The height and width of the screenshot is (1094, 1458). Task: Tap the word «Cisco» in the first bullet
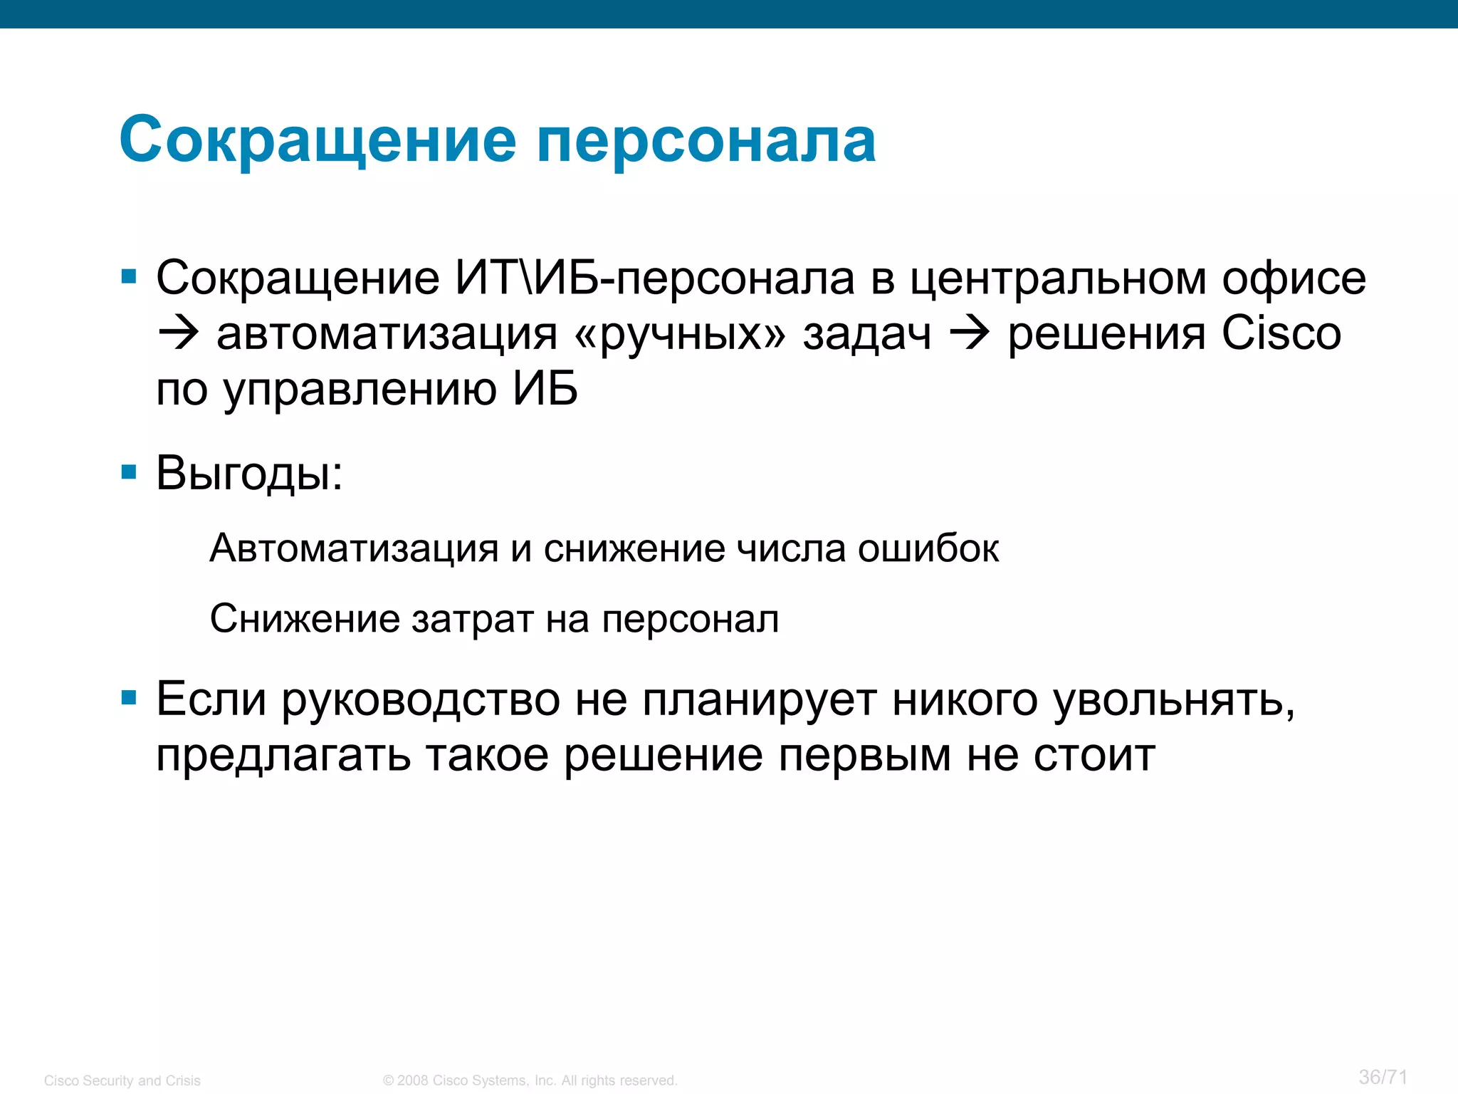click(x=1281, y=333)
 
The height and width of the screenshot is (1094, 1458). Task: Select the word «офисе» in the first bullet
click(x=1294, y=278)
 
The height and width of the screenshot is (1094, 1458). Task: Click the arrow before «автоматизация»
click(x=177, y=333)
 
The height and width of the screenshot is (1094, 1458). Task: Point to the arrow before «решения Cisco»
click(x=969, y=333)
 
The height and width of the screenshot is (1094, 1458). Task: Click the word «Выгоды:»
click(x=249, y=473)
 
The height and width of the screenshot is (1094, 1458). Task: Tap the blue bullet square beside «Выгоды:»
click(x=129, y=472)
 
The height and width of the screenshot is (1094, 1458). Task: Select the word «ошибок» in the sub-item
click(x=928, y=548)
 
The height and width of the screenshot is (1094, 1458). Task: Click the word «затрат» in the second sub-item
click(x=473, y=618)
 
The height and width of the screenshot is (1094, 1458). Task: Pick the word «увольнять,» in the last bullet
click(x=1174, y=699)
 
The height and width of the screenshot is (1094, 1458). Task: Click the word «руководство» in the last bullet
click(x=421, y=699)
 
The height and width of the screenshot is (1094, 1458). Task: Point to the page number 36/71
click(x=1383, y=1076)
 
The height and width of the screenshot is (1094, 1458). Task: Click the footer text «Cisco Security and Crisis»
click(x=122, y=1080)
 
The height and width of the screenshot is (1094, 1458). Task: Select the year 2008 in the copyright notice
click(x=413, y=1080)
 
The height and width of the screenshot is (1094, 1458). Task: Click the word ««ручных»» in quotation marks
click(x=680, y=333)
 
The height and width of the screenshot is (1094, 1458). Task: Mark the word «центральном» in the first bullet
click(x=1059, y=278)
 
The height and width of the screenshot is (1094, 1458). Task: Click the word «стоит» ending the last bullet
click(x=1094, y=755)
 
